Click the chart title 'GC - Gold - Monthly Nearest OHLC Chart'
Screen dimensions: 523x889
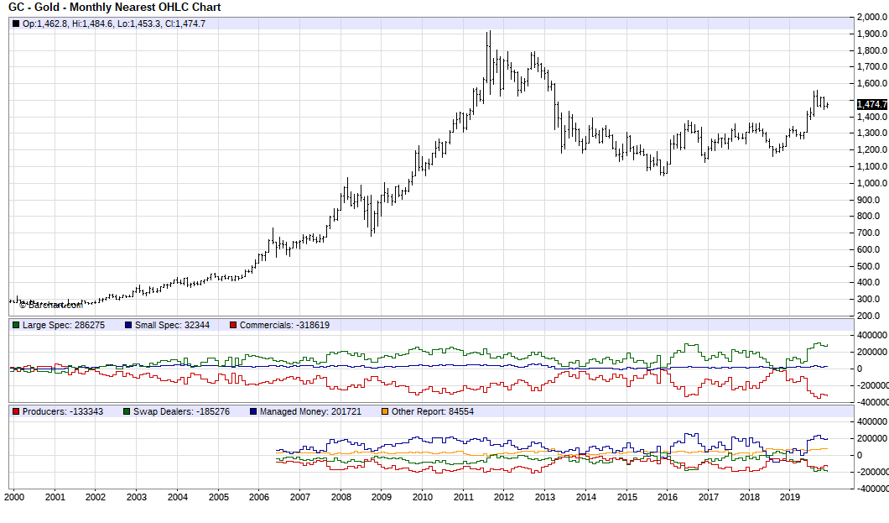115,8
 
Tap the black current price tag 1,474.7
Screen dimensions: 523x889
871,104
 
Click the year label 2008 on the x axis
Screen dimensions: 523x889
341,497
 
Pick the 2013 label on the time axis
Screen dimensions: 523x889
546,497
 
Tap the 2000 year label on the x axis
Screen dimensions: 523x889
14,497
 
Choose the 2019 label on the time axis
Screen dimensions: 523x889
791,497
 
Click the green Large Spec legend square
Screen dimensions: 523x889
15,325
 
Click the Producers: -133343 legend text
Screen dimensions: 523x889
62,412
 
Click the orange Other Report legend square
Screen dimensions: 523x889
385,412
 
